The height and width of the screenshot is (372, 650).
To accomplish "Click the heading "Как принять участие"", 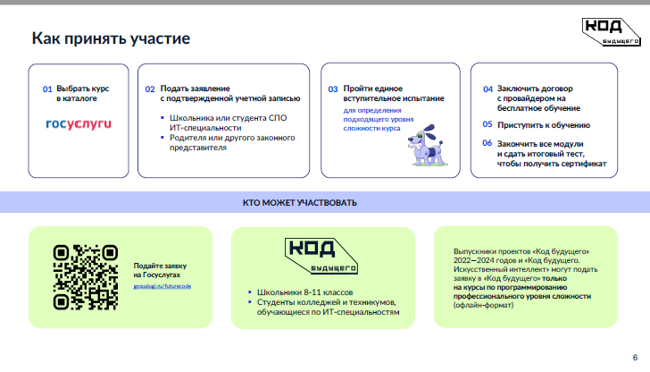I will click(111, 39).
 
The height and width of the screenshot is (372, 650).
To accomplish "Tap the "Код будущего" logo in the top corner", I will click(610, 30).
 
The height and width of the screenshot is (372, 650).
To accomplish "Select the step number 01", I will click(47, 89).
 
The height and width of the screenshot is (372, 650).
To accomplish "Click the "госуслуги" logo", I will click(79, 123).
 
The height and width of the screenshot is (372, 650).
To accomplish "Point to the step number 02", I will click(150, 89).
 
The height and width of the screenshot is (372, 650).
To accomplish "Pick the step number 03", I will click(332, 89).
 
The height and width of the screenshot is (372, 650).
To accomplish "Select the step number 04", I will click(487, 89).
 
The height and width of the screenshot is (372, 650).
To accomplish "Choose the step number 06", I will click(487, 143).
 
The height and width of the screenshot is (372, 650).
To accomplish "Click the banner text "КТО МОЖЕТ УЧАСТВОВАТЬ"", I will click(299, 202).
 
